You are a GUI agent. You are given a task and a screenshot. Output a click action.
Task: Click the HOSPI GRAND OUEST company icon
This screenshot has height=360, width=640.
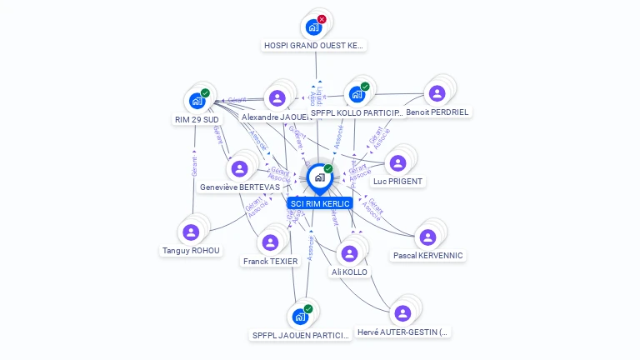313,27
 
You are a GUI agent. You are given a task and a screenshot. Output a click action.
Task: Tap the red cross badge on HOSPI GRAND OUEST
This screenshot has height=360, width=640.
322,19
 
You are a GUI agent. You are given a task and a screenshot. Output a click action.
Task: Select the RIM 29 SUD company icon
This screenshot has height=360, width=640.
197,101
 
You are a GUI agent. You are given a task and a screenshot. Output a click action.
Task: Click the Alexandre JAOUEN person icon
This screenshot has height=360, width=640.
277,98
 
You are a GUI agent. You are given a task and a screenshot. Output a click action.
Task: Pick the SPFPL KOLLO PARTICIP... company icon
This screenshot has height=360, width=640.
357,94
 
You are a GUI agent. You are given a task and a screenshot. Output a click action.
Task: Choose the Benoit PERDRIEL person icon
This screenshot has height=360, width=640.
437,93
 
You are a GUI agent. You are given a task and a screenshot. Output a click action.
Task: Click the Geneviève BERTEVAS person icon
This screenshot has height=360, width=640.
240,168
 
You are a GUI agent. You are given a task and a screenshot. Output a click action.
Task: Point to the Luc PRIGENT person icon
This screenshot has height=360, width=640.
397,162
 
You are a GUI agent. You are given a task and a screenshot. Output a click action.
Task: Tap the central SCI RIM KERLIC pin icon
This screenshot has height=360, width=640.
319,177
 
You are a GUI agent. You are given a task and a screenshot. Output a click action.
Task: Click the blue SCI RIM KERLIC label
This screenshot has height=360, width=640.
319,203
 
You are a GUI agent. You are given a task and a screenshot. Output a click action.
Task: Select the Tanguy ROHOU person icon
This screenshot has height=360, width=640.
191,232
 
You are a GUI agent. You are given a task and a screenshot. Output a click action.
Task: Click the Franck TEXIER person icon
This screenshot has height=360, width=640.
270,242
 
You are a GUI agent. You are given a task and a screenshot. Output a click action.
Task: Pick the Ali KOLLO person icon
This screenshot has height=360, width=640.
349,253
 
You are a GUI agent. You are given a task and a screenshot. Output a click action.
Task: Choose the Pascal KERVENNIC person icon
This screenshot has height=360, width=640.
427,237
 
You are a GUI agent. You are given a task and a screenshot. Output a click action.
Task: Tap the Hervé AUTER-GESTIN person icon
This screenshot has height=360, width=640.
402,313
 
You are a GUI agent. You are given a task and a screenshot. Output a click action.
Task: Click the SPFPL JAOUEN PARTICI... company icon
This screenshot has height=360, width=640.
300,317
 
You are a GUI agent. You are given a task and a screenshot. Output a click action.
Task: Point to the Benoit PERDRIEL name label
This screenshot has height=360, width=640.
437,112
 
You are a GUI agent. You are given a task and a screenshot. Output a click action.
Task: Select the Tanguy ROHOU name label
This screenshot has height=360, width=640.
191,250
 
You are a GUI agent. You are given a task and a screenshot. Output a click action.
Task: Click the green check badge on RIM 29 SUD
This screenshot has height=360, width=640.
205,93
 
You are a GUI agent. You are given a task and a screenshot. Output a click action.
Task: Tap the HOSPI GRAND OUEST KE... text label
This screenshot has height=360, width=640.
314,45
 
